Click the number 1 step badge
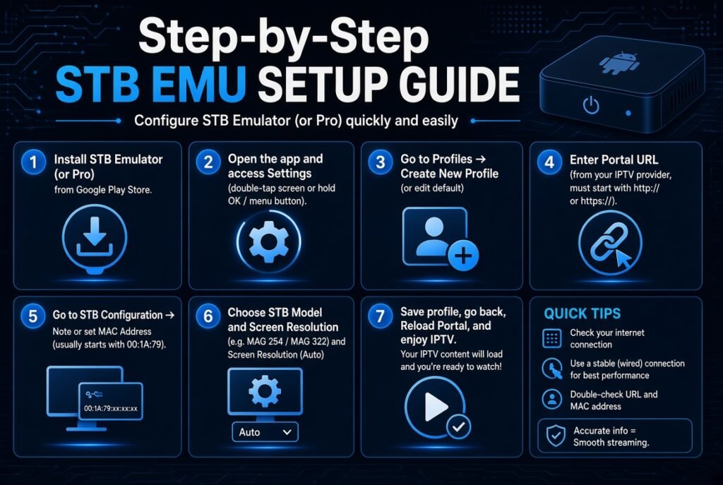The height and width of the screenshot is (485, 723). [33, 162]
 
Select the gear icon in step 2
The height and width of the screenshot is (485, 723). [269, 241]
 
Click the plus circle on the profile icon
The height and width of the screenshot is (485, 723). [463, 255]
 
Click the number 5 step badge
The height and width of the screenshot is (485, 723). [33, 316]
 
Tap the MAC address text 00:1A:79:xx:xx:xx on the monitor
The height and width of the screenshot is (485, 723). [111, 409]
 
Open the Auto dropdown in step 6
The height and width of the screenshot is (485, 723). [265, 432]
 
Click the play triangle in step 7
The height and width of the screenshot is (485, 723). [436, 407]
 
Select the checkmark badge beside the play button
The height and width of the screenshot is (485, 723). [458, 427]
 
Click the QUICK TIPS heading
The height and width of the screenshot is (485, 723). [582, 313]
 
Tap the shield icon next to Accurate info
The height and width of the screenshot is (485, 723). [556, 436]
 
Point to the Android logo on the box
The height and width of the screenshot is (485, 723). [619, 62]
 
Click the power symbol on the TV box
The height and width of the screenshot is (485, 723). [591, 106]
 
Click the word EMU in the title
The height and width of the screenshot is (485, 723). [198, 84]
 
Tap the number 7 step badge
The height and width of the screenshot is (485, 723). [381, 316]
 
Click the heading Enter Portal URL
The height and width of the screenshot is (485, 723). [614, 160]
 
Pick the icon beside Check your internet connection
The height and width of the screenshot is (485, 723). [552, 338]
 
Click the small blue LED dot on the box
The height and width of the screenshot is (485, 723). [628, 113]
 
